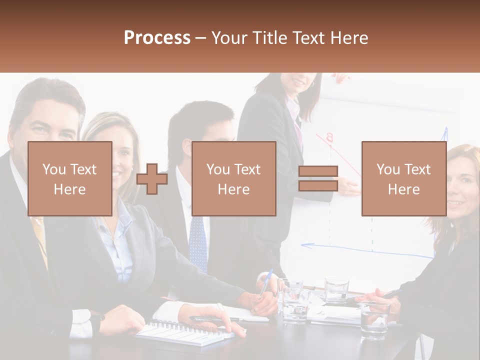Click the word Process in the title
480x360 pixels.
pos(157,38)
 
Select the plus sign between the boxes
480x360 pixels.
pos(152,179)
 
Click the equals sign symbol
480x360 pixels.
pos(318,179)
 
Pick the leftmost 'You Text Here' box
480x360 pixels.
pos(70,178)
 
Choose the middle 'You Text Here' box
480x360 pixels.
pos(234,178)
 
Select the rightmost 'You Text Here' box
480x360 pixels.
pos(403,178)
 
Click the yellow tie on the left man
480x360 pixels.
pos(40,240)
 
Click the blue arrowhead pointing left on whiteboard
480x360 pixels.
pos(305,245)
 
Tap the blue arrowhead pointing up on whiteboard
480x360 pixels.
pos(444,132)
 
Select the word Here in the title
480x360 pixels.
pos(349,38)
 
